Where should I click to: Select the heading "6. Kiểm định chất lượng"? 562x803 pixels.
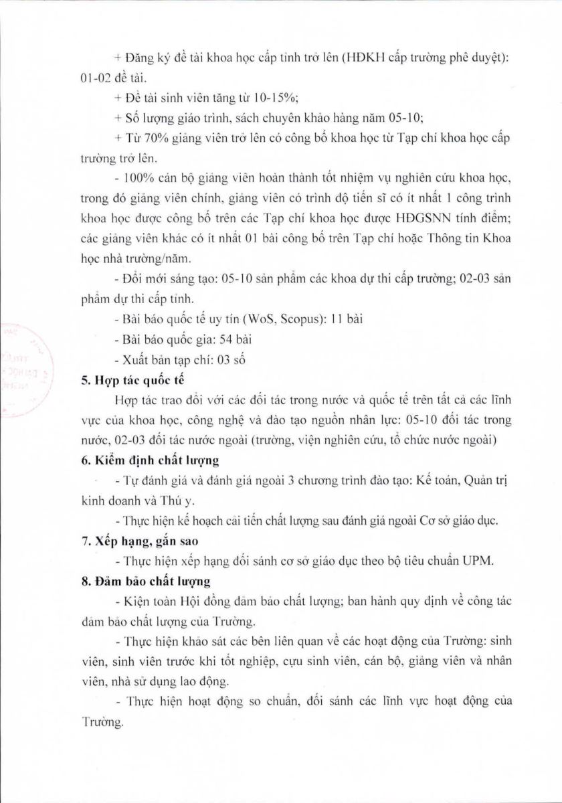point(146,461)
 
